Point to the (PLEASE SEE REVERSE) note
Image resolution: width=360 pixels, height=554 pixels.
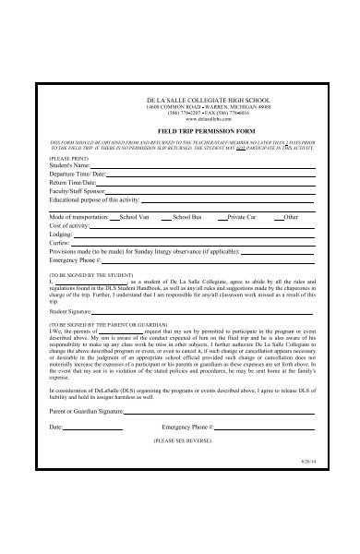(x=179, y=440)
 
